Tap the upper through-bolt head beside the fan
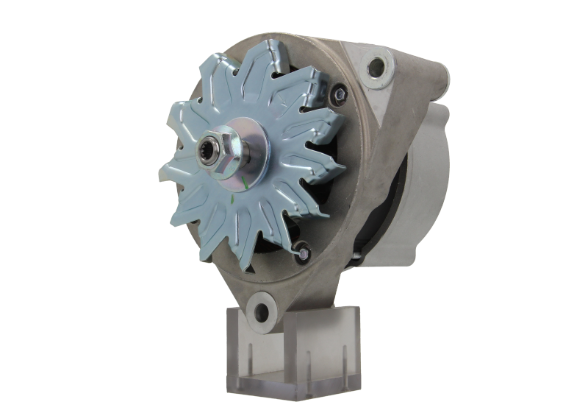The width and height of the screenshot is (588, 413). point(339,93)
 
